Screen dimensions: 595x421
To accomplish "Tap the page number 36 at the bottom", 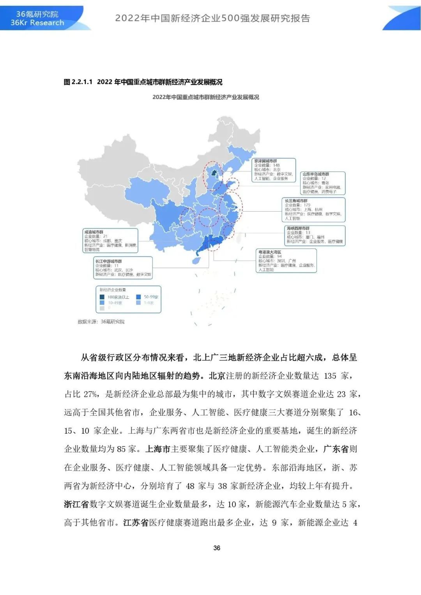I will coord(217,548).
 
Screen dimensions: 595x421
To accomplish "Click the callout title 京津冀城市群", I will coord(265,161).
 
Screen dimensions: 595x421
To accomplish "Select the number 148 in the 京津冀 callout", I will coord(276,165).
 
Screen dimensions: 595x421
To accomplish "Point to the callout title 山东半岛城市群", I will coord(316,174).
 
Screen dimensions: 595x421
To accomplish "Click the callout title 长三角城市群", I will coord(296,201).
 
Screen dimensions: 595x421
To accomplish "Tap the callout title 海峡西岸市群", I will coord(298,228).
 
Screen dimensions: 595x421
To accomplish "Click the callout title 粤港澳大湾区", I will coord(269,252).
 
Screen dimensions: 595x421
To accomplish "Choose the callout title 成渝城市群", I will coord(94,232).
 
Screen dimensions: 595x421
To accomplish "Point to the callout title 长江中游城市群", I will coord(108,261).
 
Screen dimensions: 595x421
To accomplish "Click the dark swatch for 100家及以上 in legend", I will coord(102,297).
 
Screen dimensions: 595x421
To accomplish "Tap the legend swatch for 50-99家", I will coord(138,297).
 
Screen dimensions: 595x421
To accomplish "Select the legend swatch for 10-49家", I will coord(102,303).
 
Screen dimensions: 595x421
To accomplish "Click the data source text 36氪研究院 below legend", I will coord(113,322).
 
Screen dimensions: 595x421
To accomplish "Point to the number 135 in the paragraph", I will coord(330,376).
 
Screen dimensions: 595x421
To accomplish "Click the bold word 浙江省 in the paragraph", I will coord(76,504).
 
